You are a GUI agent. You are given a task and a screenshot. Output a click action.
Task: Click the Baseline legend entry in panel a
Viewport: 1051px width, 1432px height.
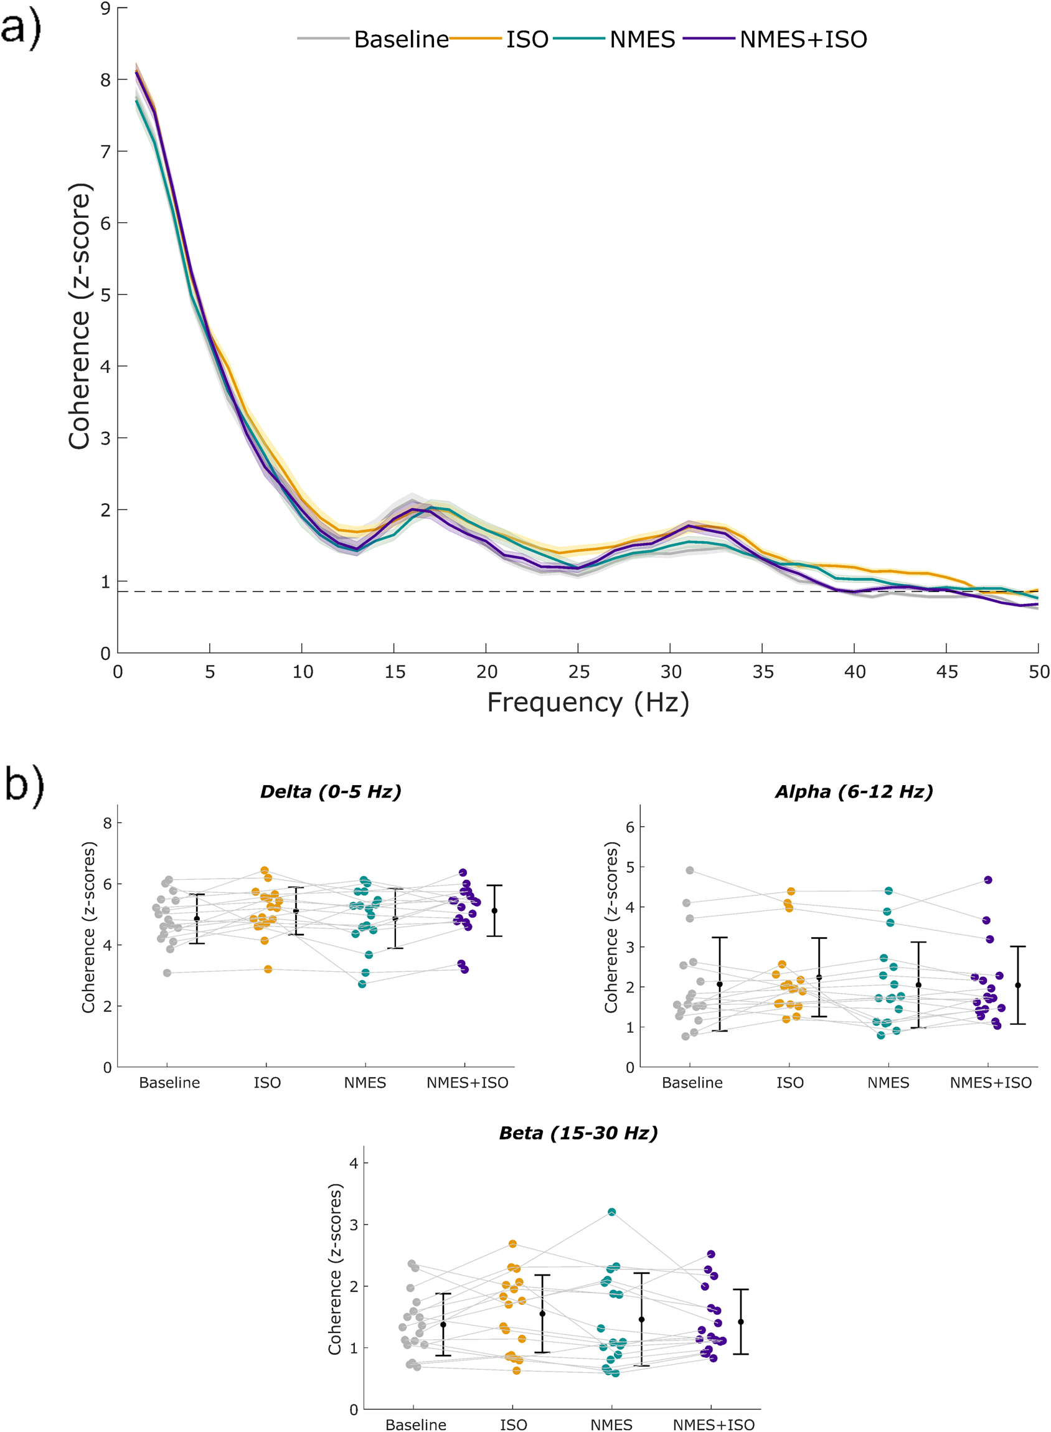coord(401,39)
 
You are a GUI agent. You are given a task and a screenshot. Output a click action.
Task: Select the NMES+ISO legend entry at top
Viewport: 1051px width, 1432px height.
coord(803,39)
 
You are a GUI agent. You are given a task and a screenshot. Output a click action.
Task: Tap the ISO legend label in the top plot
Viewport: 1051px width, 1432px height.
coord(527,39)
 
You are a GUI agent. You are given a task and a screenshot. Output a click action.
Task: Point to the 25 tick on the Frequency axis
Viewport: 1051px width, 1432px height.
coord(578,672)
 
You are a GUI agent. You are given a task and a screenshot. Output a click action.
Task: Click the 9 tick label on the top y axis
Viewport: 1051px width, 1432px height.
coord(105,8)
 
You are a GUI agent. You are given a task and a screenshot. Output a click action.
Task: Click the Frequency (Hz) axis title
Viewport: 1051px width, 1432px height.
coord(588,703)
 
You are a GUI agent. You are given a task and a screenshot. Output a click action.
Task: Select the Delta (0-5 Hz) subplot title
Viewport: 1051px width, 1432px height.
coord(331,791)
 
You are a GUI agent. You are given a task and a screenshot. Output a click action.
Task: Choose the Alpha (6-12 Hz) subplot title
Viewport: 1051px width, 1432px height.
coord(854,791)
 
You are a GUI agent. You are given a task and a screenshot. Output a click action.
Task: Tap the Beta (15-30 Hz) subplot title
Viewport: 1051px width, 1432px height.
coord(578,1133)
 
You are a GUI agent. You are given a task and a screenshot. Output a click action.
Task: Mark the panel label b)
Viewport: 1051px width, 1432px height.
coord(24,786)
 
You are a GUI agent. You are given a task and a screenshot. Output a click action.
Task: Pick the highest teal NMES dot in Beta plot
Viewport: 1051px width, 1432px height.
coord(612,1212)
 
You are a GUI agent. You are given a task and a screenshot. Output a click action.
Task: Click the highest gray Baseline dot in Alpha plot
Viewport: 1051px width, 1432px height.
coord(690,870)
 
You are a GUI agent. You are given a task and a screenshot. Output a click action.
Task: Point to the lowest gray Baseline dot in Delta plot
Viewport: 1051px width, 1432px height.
coord(167,973)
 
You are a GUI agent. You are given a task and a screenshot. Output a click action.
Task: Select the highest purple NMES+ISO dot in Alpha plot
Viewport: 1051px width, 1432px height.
coord(988,880)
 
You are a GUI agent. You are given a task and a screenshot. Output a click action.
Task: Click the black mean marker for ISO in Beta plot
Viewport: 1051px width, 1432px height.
coord(542,1314)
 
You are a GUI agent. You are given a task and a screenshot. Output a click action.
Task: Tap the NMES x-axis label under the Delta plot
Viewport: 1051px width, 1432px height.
coord(365,1083)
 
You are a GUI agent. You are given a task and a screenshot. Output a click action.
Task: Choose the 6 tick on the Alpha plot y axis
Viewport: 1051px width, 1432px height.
coord(630,827)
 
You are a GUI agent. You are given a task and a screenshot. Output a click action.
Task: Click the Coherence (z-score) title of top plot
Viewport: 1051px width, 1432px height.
coord(80,316)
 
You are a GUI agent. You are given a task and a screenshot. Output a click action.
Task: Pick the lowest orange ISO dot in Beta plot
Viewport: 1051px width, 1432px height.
coord(517,1370)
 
